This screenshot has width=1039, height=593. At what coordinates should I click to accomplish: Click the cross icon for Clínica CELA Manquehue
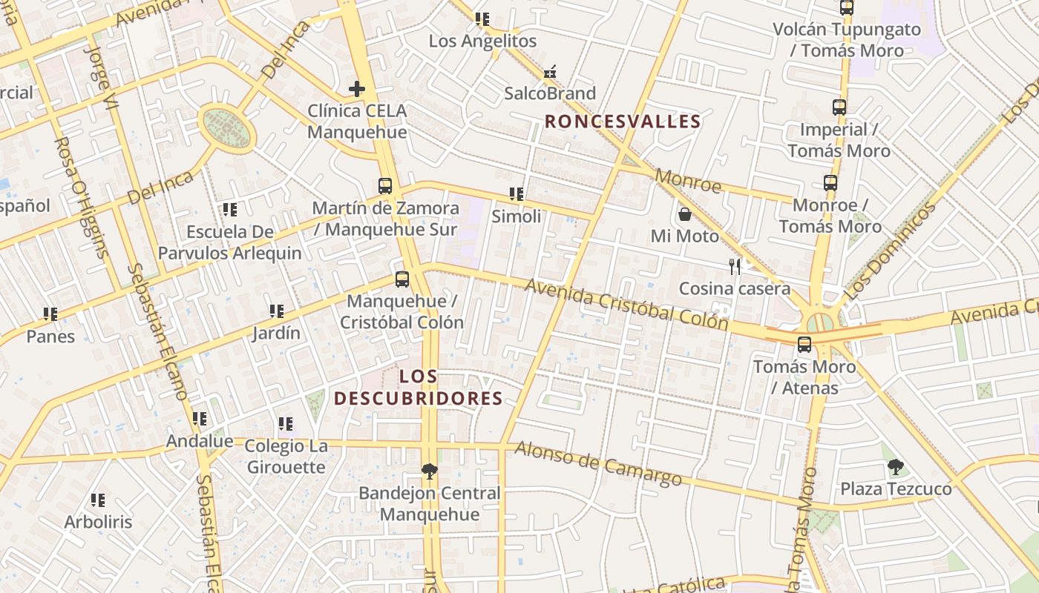[x=357, y=90]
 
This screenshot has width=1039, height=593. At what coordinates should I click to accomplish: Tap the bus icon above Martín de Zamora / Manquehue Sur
[x=384, y=186]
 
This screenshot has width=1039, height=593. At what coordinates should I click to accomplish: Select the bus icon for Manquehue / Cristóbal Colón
[x=401, y=279]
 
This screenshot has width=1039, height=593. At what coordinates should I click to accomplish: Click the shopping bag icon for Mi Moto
[x=684, y=214]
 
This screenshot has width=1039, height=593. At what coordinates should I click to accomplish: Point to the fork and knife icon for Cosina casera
[x=735, y=267]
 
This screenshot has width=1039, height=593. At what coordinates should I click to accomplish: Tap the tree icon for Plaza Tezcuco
[x=896, y=467]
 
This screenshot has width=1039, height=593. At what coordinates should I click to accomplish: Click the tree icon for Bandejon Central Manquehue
[x=429, y=471]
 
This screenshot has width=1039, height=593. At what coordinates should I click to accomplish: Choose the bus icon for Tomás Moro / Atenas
[x=804, y=345]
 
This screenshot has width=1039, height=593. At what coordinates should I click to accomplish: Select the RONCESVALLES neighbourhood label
[x=623, y=122]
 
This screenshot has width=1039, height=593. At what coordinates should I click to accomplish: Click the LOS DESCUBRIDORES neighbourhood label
[x=418, y=388]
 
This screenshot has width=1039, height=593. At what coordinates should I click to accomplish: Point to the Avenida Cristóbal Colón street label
[x=626, y=303]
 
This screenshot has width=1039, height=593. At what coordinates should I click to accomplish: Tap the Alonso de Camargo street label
[x=598, y=463]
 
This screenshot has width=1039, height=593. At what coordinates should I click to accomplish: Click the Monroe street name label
[x=689, y=182]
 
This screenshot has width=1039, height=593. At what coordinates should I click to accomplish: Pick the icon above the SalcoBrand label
[x=550, y=73]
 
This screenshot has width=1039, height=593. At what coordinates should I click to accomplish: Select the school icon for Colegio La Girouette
[x=285, y=424]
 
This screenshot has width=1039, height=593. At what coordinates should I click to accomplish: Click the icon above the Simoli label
[x=516, y=195]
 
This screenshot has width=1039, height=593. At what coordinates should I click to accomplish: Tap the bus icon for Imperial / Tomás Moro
[x=839, y=107]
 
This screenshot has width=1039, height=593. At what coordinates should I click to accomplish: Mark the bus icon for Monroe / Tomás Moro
[x=830, y=183]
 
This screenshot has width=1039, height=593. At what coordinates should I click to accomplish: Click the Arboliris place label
[x=98, y=522]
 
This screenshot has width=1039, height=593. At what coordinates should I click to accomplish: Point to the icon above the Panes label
[x=50, y=314]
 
